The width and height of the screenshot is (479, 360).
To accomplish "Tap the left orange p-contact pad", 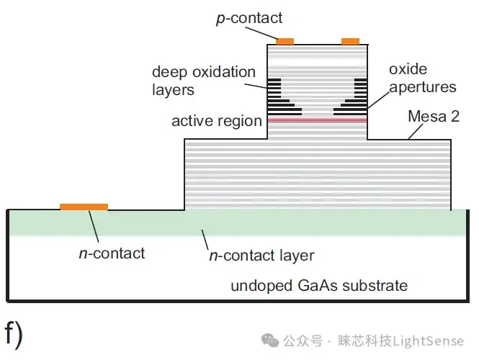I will [285, 41].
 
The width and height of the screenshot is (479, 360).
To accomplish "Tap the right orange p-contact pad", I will [350, 41].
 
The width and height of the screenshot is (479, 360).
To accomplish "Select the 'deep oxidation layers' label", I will [204, 81].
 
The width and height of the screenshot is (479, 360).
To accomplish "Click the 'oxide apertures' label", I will [422, 78].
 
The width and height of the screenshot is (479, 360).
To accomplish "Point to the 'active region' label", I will [216, 120].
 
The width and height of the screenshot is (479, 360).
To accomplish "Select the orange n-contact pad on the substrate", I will [84, 207].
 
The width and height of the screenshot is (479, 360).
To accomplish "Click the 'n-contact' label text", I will [112, 253].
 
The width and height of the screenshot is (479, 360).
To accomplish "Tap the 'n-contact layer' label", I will [261, 256].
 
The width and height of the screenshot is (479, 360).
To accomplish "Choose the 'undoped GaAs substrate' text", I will [318, 286].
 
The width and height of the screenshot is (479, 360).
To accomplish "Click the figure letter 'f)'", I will [14, 333].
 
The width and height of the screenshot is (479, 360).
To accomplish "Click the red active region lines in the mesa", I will [317, 120].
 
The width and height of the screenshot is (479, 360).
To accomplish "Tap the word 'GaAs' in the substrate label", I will [315, 286].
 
